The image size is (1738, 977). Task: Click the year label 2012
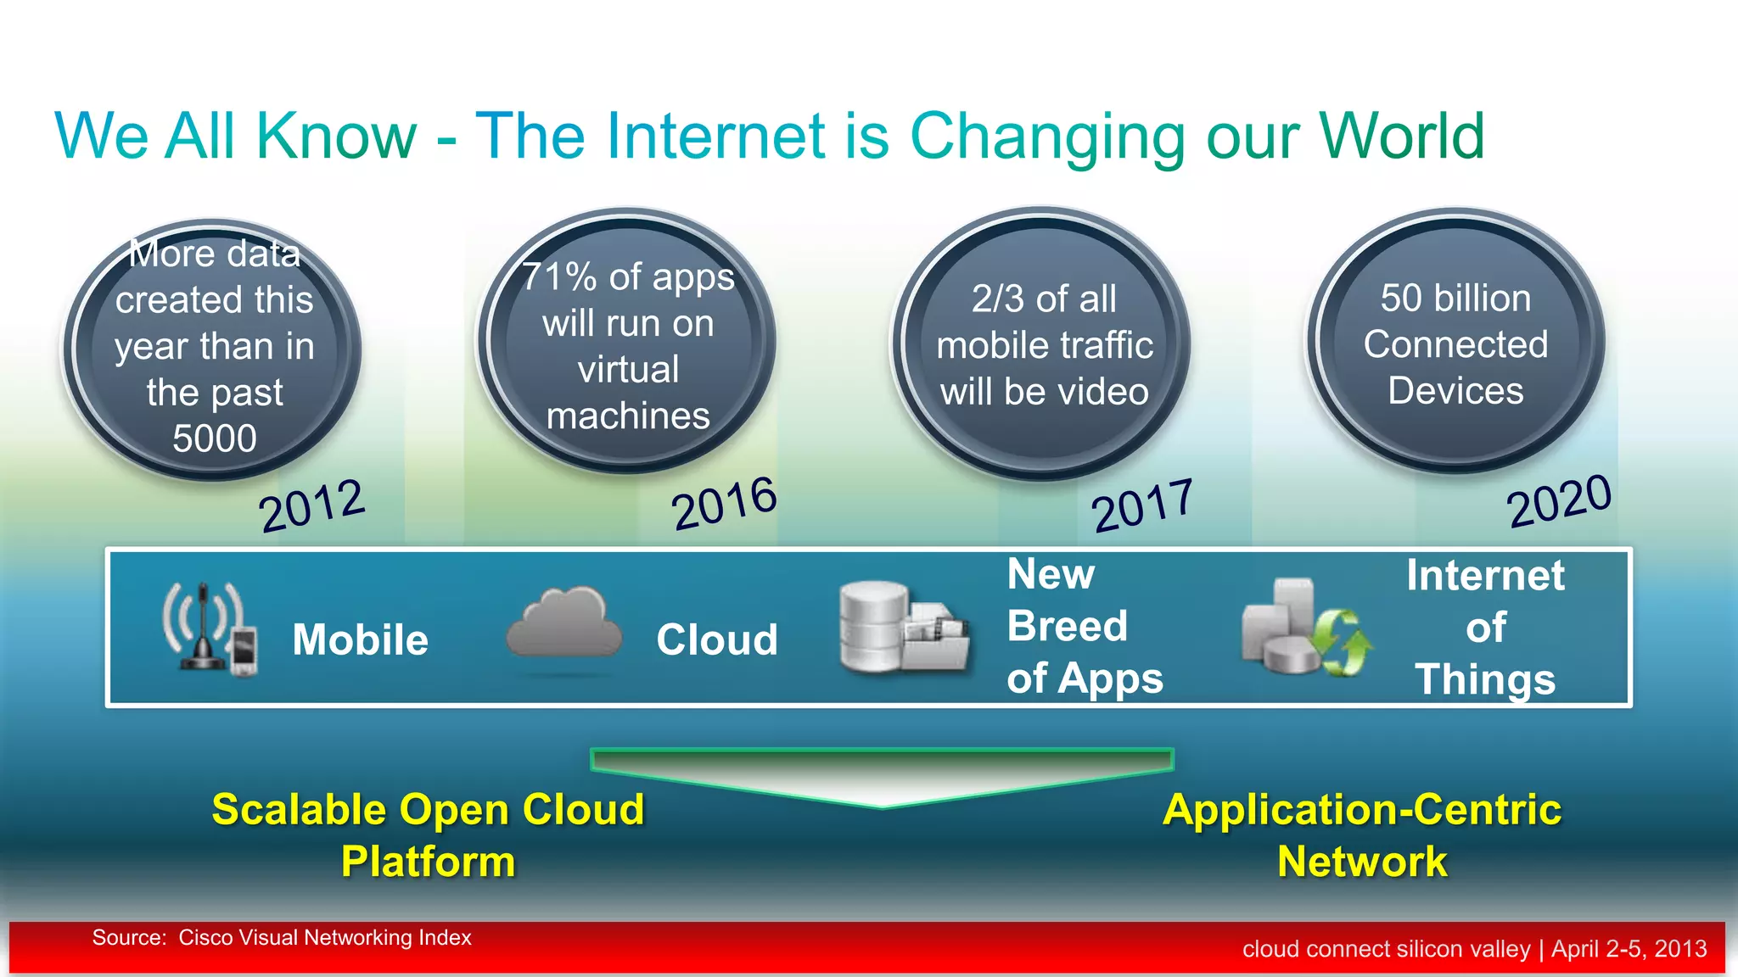[x=312, y=505]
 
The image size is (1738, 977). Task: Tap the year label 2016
[x=724, y=503]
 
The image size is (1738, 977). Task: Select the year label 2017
[x=1142, y=505]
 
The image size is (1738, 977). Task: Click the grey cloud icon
[x=564, y=623]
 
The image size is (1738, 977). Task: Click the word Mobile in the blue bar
[x=360, y=639]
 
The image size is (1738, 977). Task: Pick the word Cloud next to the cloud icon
[x=717, y=639]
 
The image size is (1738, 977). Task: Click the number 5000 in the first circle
[x=214, y=438]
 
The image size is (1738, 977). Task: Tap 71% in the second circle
[x=559, y=277]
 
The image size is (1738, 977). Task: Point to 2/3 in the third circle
[x=998, y=299]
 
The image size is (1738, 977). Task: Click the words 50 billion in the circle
[x=1455, y=299]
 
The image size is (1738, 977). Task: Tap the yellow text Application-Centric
[x=1362, y=809]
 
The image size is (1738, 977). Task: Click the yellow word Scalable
[x=300, y=809]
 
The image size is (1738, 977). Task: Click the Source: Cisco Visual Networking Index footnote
[x=281, y=938]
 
